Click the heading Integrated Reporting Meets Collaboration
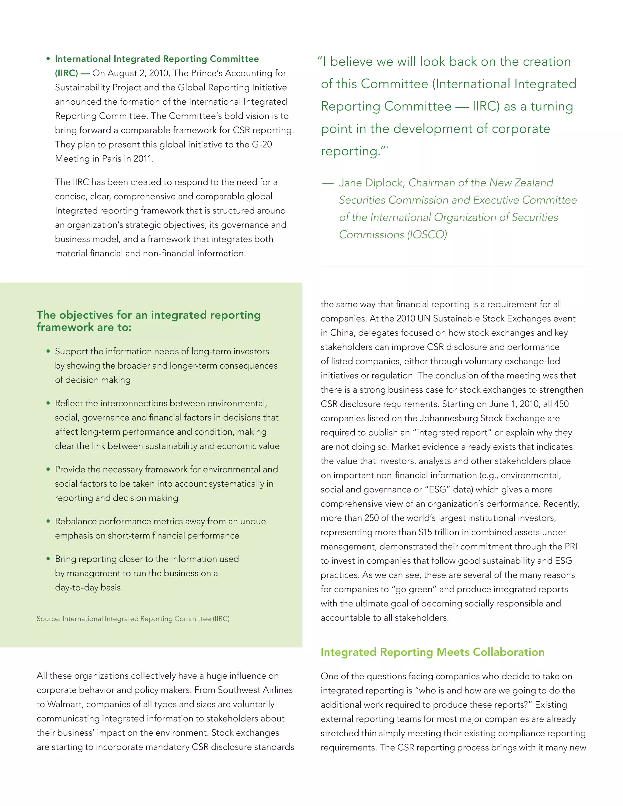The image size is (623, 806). [x=432, y=652]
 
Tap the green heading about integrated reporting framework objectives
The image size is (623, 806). [x=148, y=321]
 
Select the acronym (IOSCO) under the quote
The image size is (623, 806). [x=427, y=235]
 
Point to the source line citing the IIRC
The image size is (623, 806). [x=133, y=619]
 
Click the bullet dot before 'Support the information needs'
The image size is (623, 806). [x=48, y=351]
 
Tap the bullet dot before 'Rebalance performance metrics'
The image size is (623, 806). [x=48, y=521]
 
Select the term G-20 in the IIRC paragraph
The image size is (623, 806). [x=262, y=144]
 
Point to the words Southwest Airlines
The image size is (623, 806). [x=255, y=690]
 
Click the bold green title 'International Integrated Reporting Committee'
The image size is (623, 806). [x=157, y=59]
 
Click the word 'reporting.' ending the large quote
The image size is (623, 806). [x=351, y=151]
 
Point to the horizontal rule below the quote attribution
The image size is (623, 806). [x=453, y=266]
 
